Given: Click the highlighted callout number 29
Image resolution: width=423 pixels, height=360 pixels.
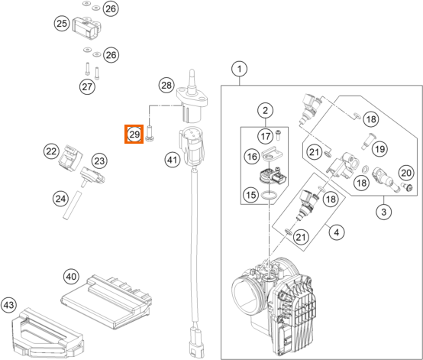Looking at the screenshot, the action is (x=134, y=135).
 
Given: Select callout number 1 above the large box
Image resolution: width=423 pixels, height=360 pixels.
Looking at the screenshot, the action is (x=239, y=69).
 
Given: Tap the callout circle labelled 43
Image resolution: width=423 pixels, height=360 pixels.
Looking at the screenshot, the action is (x=8, y=305).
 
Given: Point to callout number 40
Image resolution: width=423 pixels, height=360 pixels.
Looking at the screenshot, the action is (x=71, y=277).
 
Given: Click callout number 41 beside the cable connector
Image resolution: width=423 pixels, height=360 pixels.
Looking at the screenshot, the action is (x=173, y=160).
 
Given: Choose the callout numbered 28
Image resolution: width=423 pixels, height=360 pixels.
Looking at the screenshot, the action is (x=166, y=86).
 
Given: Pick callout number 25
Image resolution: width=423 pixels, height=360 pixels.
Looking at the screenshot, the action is (x=62, y=23).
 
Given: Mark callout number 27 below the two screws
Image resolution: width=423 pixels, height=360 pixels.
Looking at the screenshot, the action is (x=87, y=86).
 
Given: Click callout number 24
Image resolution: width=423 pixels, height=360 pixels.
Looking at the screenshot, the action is (x=60, y=199).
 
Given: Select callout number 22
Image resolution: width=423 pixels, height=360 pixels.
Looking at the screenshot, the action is (x=51, y=151).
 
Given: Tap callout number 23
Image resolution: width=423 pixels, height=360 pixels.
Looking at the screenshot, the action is (x=99, y=161).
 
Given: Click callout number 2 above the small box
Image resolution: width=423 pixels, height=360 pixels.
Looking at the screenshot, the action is (x=266, y=111).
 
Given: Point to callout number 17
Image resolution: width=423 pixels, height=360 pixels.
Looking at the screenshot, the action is (x=266, y=136).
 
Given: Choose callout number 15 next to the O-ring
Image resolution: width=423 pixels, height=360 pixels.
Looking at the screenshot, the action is (x=251, y=194).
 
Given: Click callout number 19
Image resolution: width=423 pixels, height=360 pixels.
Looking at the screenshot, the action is (x=379, y=149).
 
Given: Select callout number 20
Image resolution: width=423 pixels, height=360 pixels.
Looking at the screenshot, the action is (x=406, y=173).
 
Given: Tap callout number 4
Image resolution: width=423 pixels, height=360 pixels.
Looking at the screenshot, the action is (x=337, y=232).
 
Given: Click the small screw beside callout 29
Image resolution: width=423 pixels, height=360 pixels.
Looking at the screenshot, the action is (x=150, y=134).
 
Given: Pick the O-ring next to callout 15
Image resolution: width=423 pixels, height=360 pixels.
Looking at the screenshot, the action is (x=269, y=195).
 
